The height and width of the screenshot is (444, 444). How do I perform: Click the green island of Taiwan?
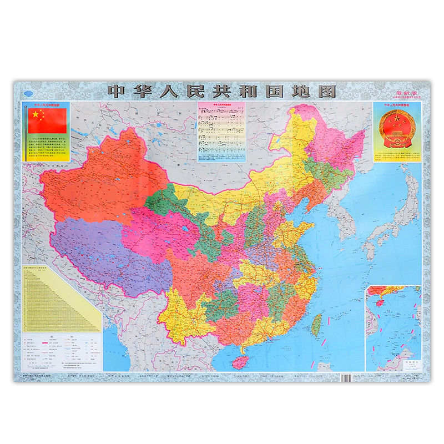click(x=317, y=324)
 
